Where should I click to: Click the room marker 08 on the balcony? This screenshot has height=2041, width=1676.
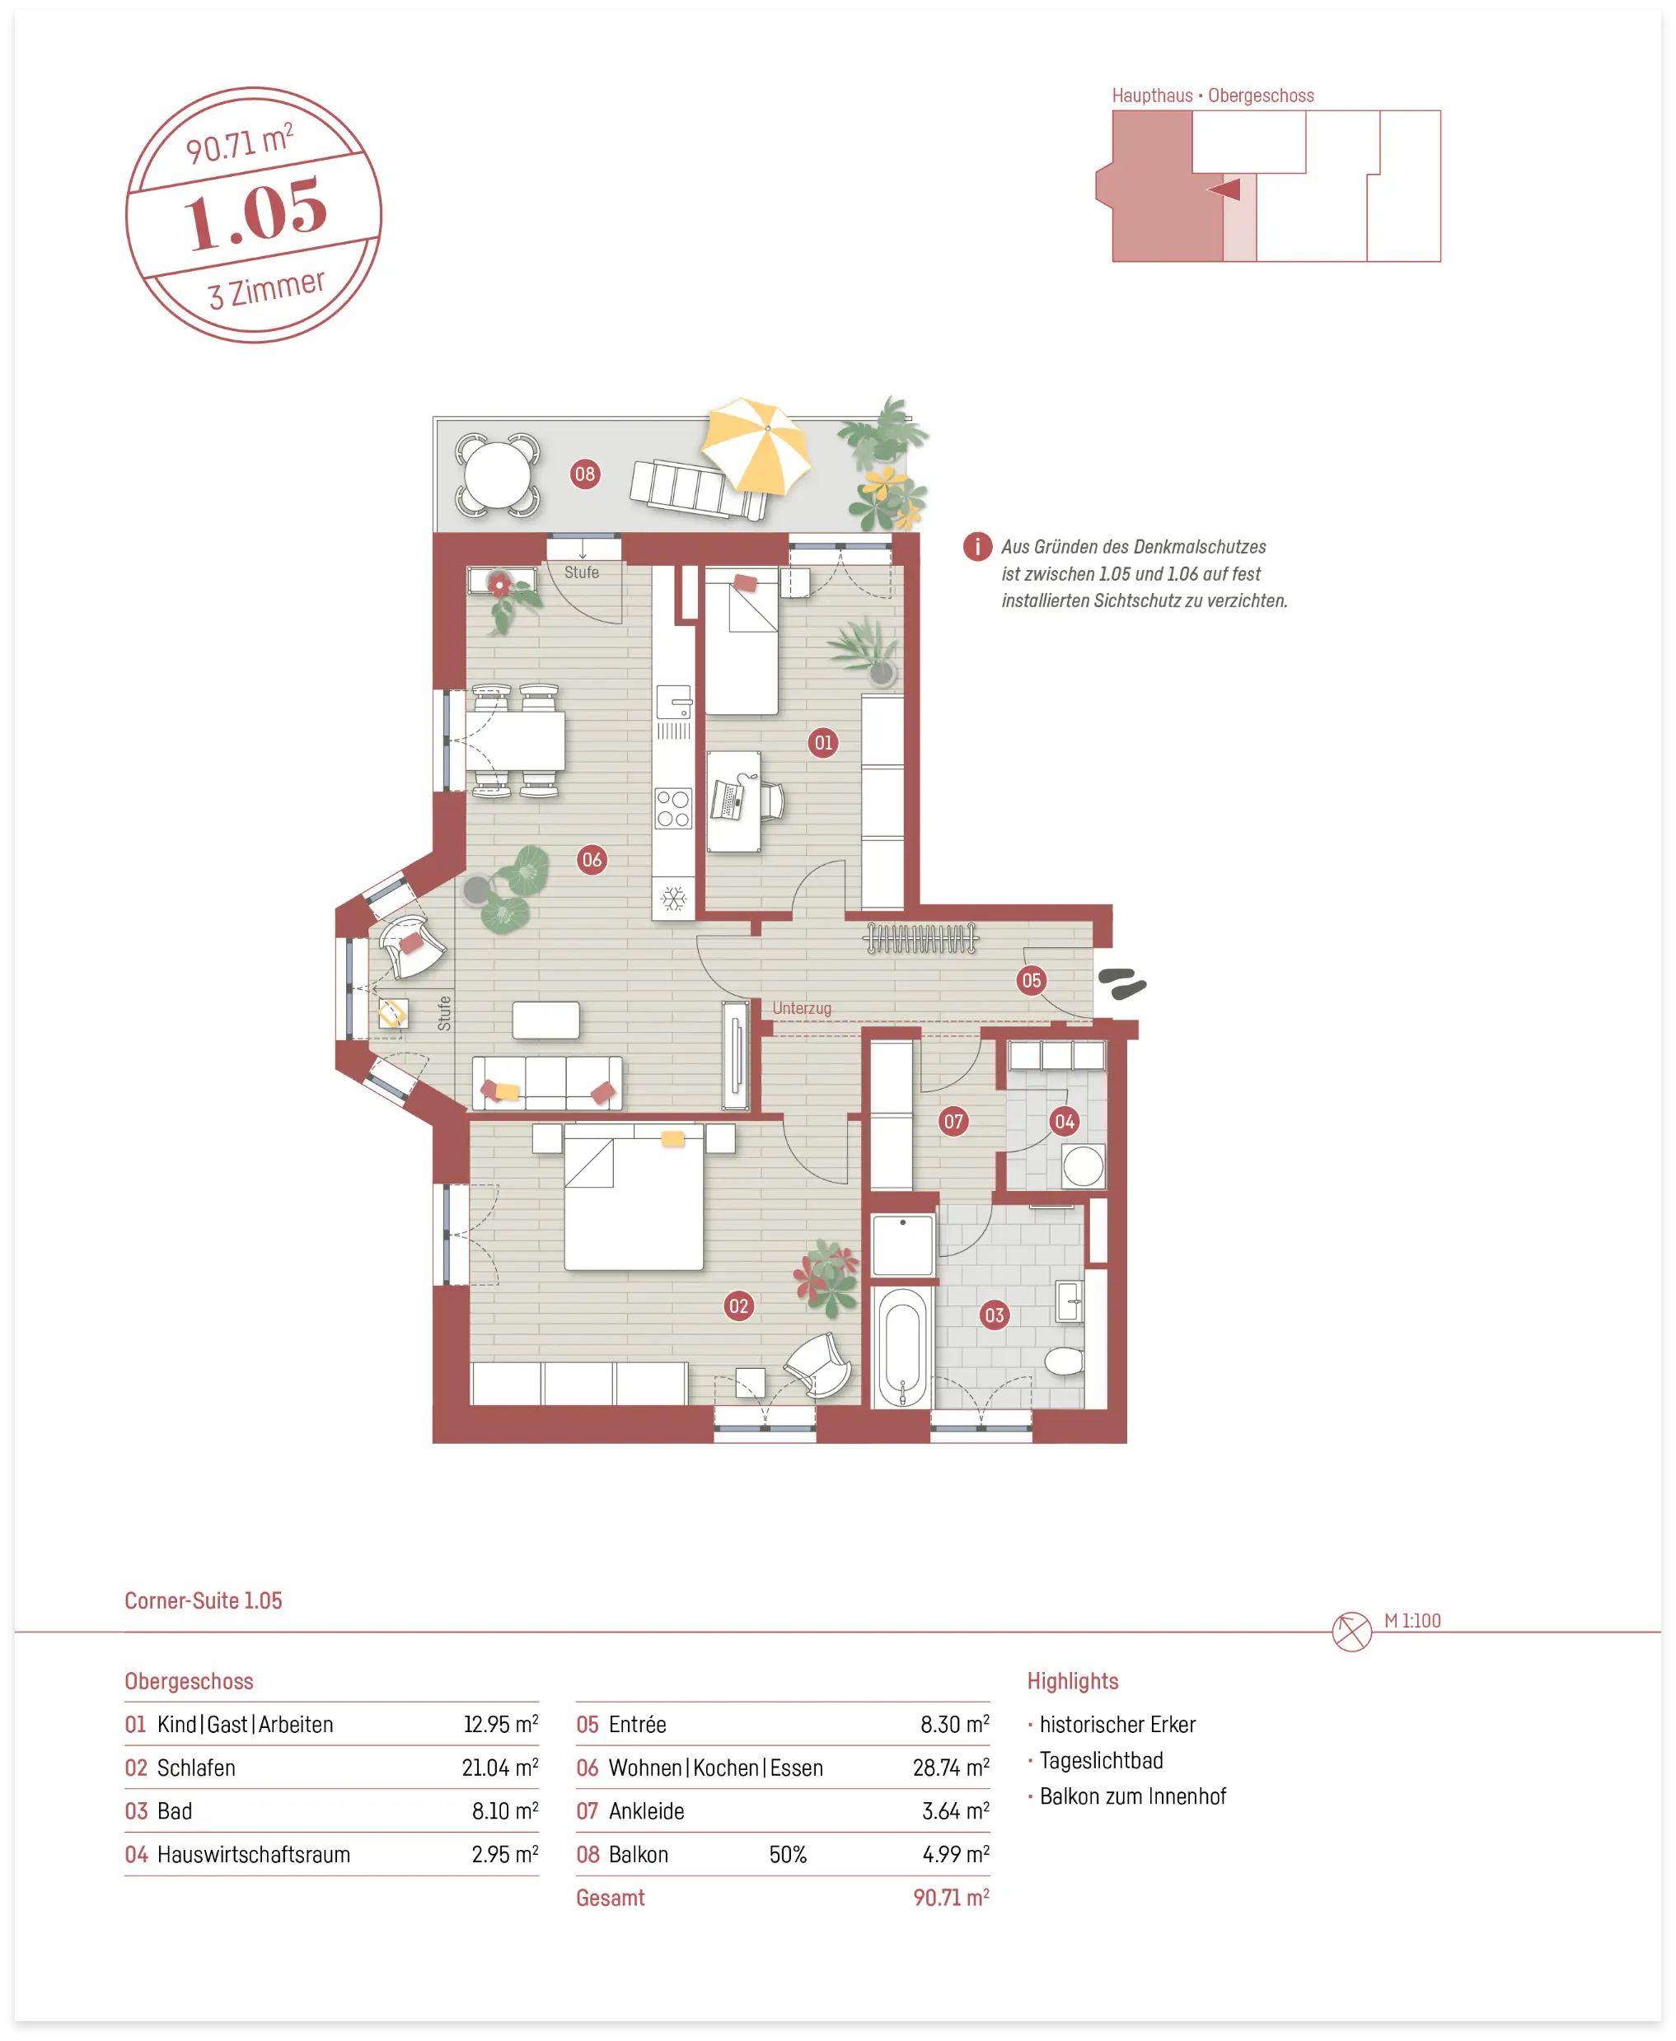pos(585,474)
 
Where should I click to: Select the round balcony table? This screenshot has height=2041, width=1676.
pos(497,474)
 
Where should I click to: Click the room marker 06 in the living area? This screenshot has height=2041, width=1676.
pos(592,859)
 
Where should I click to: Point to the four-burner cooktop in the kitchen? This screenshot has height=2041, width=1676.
pos(673,809)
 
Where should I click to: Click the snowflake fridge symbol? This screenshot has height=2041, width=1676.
pos(673,899)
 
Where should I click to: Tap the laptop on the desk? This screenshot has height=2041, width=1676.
pos(727,799)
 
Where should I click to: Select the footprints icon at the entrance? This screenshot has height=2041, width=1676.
pos(1121,983)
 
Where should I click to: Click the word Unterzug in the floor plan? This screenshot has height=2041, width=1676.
pos(801,1007)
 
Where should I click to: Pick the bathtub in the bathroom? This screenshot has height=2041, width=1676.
pos(903,1346)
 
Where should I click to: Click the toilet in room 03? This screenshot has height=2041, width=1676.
pos(1064,1361)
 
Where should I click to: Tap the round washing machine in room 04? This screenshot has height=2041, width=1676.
pos(1084,1165)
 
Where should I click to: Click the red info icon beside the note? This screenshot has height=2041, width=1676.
pos(977,546)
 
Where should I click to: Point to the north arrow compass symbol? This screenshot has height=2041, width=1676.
pos(1351,1631)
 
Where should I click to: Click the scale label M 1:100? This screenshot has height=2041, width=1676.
pos(1411,1620)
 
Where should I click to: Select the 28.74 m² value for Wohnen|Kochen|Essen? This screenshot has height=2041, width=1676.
pos(951,1767)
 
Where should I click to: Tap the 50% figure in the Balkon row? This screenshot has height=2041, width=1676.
pos(788,1854)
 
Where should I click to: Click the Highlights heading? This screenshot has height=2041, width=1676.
pos(1073,1681)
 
